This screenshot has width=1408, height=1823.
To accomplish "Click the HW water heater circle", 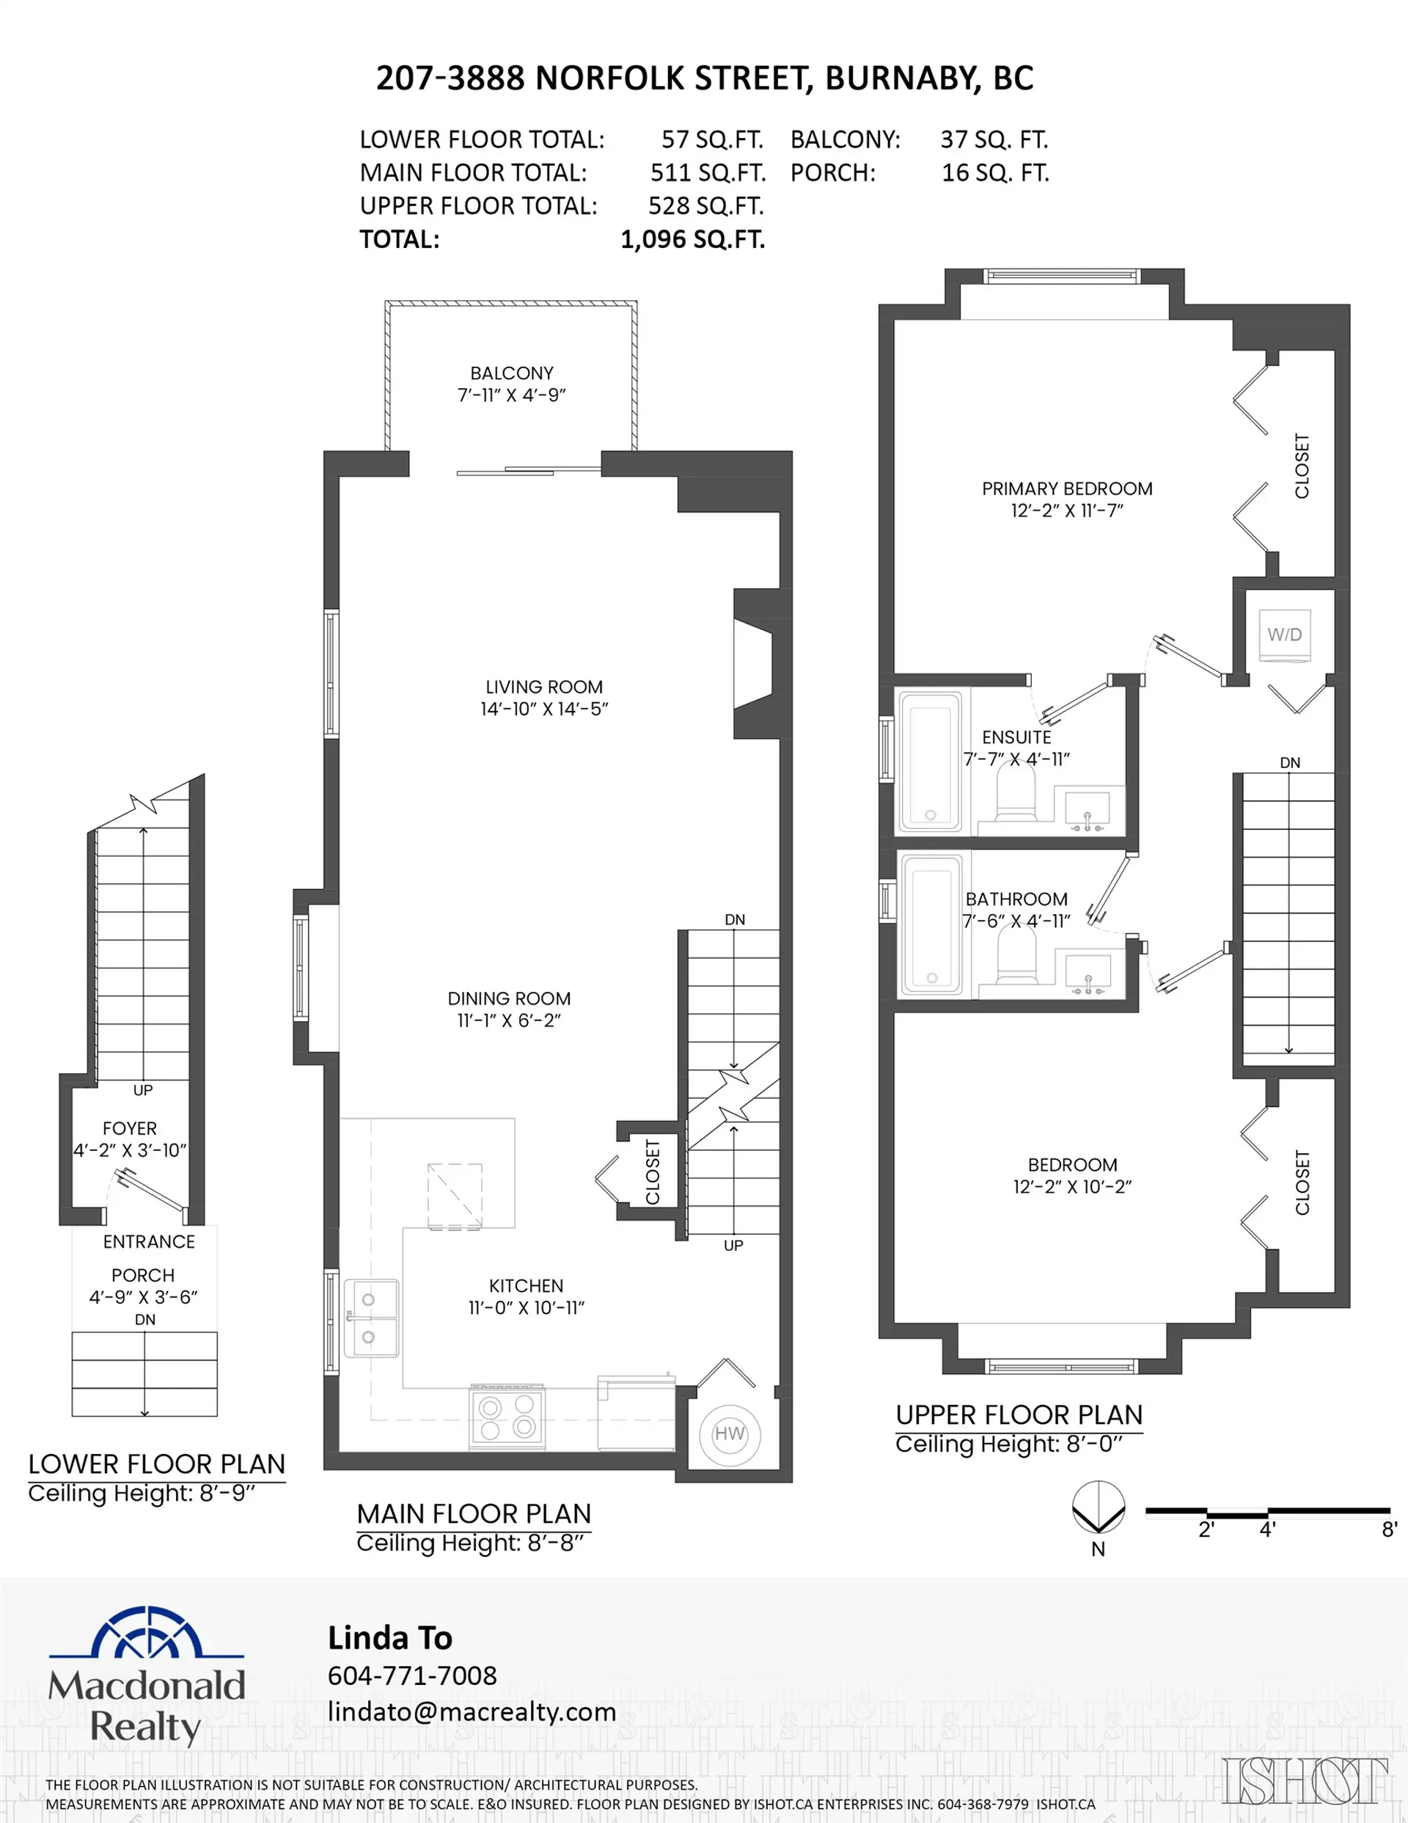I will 729,1434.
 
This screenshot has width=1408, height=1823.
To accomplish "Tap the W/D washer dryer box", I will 1285,635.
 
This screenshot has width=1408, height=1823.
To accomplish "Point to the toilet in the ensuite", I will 1016,793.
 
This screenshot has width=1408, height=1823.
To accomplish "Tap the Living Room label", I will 544,687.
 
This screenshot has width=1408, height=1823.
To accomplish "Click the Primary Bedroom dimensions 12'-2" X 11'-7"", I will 1067,511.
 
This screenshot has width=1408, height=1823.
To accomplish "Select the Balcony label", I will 512,373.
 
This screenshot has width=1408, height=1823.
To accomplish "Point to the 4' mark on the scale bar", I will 1267,1530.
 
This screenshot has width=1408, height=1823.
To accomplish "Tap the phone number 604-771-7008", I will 412,1676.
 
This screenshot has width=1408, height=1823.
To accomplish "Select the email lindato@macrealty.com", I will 472,1712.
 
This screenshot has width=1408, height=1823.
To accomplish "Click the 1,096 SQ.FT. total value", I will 693,240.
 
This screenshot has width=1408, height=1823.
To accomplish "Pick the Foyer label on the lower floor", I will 129,1128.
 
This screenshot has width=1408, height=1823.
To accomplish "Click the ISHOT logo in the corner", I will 1305,1781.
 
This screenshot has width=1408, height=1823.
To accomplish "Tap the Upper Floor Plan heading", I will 1019,1415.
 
